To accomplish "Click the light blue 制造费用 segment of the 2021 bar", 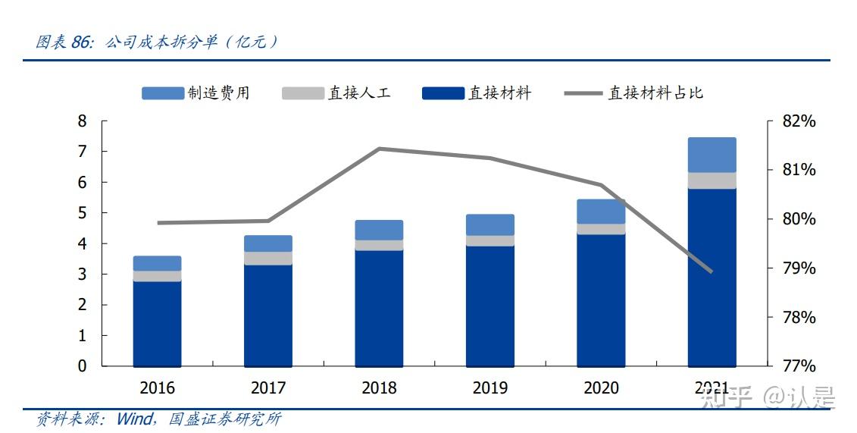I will tap(712, 155).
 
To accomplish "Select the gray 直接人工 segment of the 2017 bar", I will tap(268, 258).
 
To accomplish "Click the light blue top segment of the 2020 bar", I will tap(601, 212).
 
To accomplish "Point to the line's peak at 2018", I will tap(379, 149).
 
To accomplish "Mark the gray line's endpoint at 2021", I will tap(712, 271).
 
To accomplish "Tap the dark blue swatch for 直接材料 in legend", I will tap(443, 93).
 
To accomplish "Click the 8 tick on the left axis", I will tap(83, 121).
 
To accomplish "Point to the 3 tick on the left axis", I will tap(83, 275).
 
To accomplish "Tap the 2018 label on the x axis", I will tap(379, 388).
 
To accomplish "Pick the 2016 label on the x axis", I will tap(157, 388).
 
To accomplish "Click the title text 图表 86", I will tap(64, 42).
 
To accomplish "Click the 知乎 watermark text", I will tap(727, 396).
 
